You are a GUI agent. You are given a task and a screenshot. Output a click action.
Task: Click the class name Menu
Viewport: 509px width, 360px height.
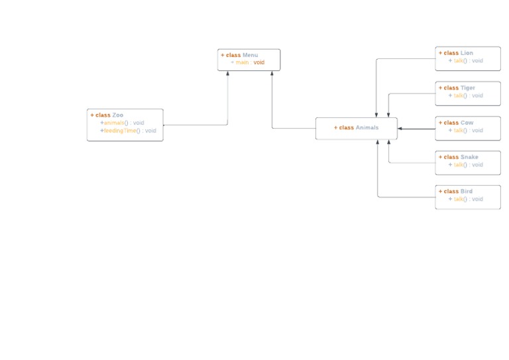pyautogui.click(x=251, y=55)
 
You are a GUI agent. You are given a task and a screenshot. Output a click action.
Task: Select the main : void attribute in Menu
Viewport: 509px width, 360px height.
pyautogui.click(x=249, y=62)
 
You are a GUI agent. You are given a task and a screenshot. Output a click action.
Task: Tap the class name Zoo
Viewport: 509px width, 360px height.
pyautogui.click(x=118, y=115)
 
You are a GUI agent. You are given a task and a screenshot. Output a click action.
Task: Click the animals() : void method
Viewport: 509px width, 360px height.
pyautogui.click(x=123, y=123)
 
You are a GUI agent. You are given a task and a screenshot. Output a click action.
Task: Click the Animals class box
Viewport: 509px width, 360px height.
pyautogui.click(x=357, y=128)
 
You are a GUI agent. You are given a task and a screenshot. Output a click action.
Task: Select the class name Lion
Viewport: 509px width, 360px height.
pyautogui.click(x=467, y=53)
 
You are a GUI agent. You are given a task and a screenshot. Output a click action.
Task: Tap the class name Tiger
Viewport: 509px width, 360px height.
pyautogui.click(x=468, y=88)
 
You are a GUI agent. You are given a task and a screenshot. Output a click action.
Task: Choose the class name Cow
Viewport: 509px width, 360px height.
pyautogui.click(x=467, y=123)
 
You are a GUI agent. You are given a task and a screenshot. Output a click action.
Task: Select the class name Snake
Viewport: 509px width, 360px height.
pyautogui.click(x=469, y=157)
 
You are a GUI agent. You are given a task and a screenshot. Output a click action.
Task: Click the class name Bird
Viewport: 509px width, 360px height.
pyautogui.click(x=467, y=192)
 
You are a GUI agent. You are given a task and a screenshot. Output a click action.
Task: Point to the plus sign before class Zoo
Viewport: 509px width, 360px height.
pyautogui.click(x=92, y=115)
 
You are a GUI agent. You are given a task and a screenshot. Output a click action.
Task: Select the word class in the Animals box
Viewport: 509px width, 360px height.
pyautogui.click(x=346, y=128)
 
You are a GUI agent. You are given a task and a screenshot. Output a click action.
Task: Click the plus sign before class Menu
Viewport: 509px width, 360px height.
pyautogui.click(x=223, y=55)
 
